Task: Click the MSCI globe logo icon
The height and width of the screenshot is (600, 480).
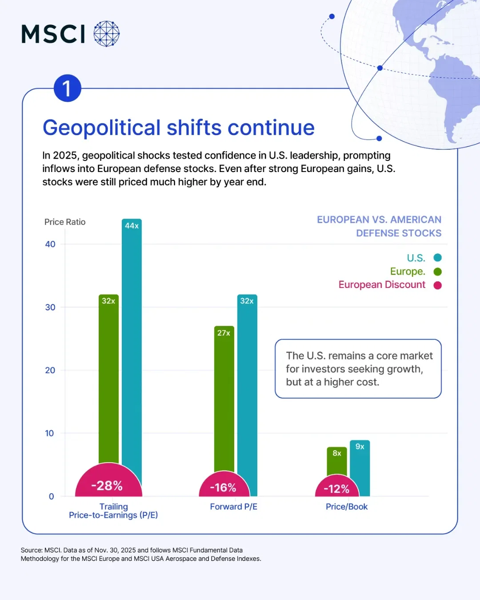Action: coord(107,34)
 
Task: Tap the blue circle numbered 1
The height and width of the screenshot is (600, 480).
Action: coord(67,88)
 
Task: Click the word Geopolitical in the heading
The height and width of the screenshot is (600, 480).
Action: coord(101,128)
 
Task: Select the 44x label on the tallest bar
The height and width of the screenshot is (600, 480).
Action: coord(132,226)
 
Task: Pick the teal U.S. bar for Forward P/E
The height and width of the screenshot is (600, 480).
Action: coord(247,391)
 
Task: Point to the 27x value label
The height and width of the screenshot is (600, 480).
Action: coord(224,333)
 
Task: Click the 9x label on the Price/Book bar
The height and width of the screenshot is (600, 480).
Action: coord(360,447)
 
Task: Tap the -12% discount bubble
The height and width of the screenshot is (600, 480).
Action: coord(336,489)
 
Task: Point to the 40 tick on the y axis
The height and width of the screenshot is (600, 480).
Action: coord(50,244)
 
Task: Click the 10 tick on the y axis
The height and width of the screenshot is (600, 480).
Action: coord(49,433)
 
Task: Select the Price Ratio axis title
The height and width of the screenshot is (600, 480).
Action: coord(65,222)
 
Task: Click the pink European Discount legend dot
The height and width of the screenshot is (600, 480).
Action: coord(438,285)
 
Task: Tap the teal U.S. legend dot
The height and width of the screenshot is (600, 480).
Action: coord(438,258)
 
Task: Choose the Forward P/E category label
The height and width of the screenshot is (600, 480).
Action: coord(234,507)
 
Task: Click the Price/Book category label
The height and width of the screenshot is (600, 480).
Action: coord(347,507)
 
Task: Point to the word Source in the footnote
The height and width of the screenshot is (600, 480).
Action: coord(32,550)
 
